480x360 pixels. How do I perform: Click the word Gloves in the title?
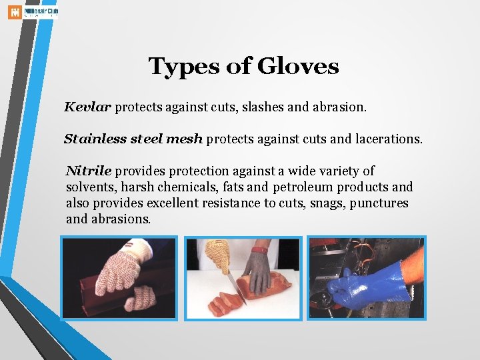click(298, 67)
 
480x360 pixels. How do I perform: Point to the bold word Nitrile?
click(89, 171)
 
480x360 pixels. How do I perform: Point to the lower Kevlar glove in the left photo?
click(140, 297)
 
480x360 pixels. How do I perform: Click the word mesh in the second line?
click(187, 139)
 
